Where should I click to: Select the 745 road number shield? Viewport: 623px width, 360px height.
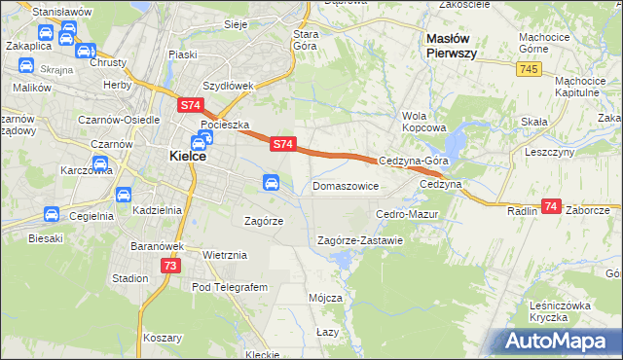pos(530,69)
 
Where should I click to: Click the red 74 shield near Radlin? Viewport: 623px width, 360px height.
pos(552,206)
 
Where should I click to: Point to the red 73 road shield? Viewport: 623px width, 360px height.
pos(169,266)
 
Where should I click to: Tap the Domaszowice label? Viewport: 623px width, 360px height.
pos(345,185)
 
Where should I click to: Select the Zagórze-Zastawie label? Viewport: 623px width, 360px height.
pos(360,240)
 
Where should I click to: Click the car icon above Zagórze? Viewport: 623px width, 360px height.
pos(272,182)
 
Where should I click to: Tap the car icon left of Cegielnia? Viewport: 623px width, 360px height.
pos(51,215)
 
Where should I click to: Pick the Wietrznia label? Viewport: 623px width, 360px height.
pos(226,255)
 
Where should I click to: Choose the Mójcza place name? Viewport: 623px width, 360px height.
pos(325,297)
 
